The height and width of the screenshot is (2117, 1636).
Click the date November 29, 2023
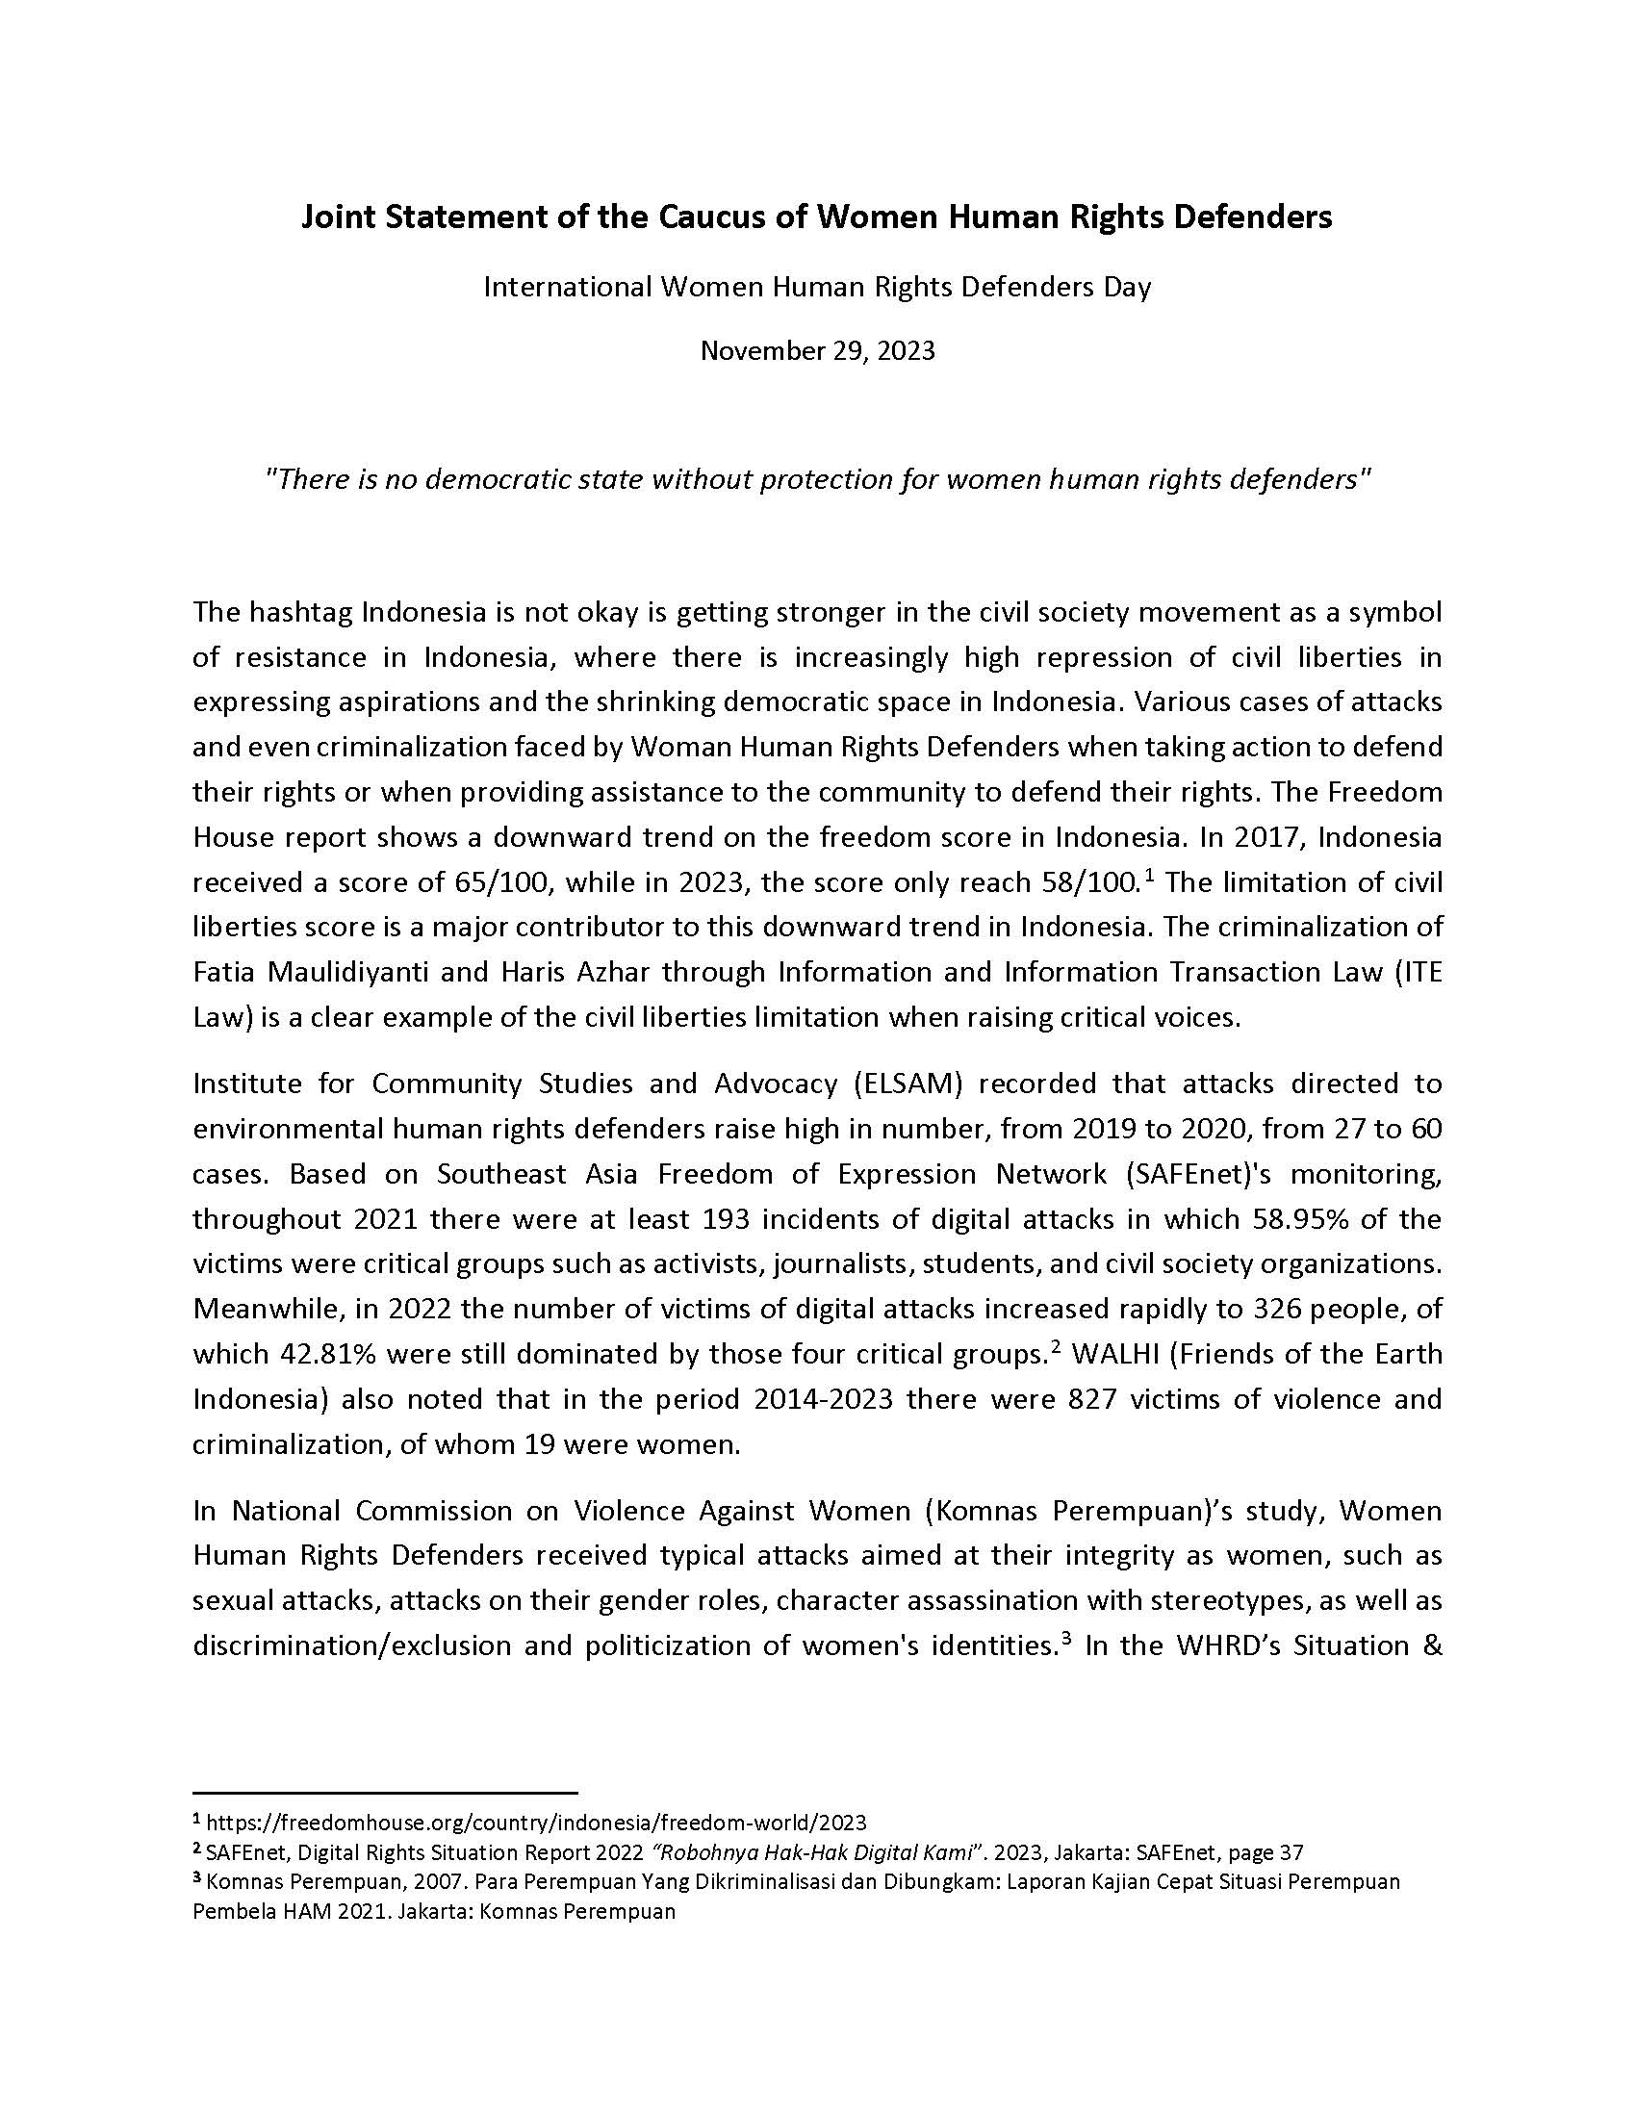tap(817, 350)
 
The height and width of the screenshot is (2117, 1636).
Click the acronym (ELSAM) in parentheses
tap(908, 1083)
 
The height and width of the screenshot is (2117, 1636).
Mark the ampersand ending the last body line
tap(1433, 1645)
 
